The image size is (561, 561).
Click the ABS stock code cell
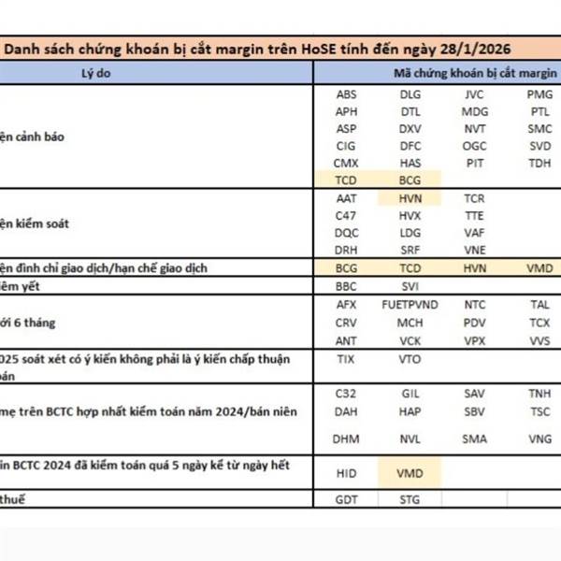click(346, 94)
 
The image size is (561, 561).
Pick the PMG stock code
click(539, 94)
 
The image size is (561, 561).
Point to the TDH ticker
click(539, 163)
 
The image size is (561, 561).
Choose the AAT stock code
click(346, 198)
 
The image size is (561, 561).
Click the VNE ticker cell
click(474, 250)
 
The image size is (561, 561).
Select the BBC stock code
click(346, 285)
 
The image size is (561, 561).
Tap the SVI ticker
click(410, 285)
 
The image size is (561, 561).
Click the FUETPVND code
click(410, 305)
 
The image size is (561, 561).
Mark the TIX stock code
click(346, 358)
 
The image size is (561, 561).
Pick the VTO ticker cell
click(410, 358)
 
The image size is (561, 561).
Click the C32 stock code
click(346, 394)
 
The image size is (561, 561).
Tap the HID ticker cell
click(346, 473)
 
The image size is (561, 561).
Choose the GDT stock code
click(346, 500)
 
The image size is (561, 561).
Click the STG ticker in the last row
click(410, 500)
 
